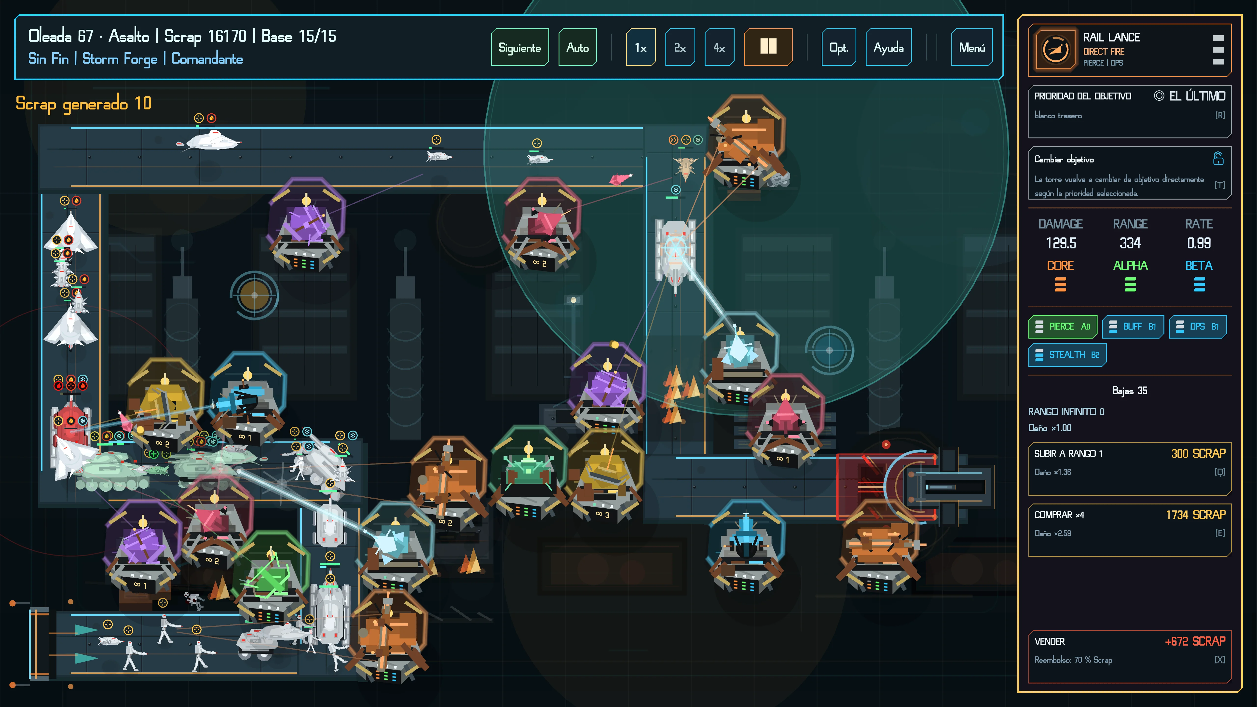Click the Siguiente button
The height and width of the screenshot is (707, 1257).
(520, 47)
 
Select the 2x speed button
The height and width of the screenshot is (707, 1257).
(680, 47)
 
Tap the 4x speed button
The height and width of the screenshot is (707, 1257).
(719, 47)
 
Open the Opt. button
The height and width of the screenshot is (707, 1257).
(838, 47)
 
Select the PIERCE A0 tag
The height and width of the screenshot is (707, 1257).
(1063, 326)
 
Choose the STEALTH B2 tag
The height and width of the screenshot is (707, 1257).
(1067, 355)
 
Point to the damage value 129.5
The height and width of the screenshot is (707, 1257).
(1060, 243)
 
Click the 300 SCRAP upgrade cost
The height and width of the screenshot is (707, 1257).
(1198, 453)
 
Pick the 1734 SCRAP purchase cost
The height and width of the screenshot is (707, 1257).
(1196, 515)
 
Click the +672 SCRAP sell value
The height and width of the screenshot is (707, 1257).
(1195, 641)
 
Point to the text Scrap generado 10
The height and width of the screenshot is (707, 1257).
(83, 103)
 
